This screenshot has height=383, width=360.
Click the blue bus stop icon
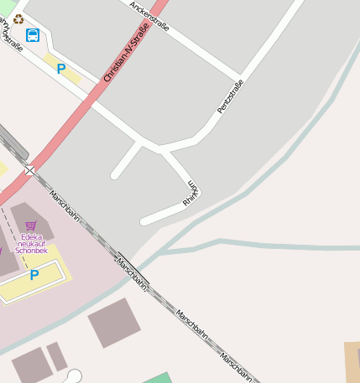click(33, 35)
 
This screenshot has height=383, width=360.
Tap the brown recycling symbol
click(18, 18)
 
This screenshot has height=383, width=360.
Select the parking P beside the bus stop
click(60, 69)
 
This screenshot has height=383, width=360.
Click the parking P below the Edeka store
click(34, 275)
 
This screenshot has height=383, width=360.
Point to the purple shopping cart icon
click(31, 225)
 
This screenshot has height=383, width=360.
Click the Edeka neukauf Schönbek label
click(32, 243)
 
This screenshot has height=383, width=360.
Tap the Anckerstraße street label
click(150, 15)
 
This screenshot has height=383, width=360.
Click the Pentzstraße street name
click(229, 97)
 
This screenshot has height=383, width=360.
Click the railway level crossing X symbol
click(30, 170)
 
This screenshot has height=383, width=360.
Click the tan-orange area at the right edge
click(352, 360)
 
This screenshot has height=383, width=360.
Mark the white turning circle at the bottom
click(75, 375)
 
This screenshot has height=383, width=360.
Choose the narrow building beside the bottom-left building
click(57, 355)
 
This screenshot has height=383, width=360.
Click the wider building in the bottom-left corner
click(31, 366)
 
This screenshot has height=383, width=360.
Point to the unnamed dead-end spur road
click(126, 160)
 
